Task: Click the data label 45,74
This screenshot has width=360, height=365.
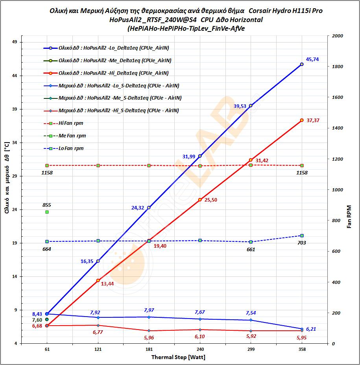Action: (312, 59)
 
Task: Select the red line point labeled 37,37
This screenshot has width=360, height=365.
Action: (302, 120)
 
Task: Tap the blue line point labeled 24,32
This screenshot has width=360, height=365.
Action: (149, 208)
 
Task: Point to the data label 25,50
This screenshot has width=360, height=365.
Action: (210, 200)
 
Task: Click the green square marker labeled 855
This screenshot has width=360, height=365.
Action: (47, 212)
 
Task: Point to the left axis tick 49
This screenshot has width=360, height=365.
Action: (14, 42)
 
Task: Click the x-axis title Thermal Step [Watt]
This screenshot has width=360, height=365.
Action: (178, 357)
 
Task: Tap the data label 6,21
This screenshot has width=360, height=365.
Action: (311, 329)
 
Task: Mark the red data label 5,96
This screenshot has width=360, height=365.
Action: (149, 337)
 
